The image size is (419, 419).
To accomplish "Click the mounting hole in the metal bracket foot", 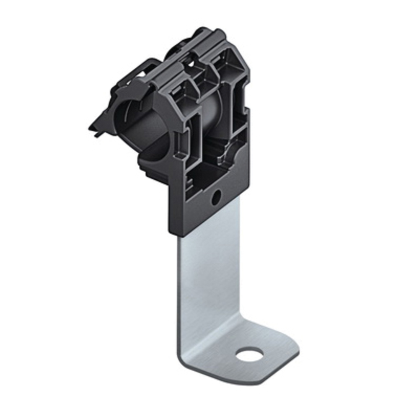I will point(249,354).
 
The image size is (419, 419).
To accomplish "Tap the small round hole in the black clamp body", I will point(216,197).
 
